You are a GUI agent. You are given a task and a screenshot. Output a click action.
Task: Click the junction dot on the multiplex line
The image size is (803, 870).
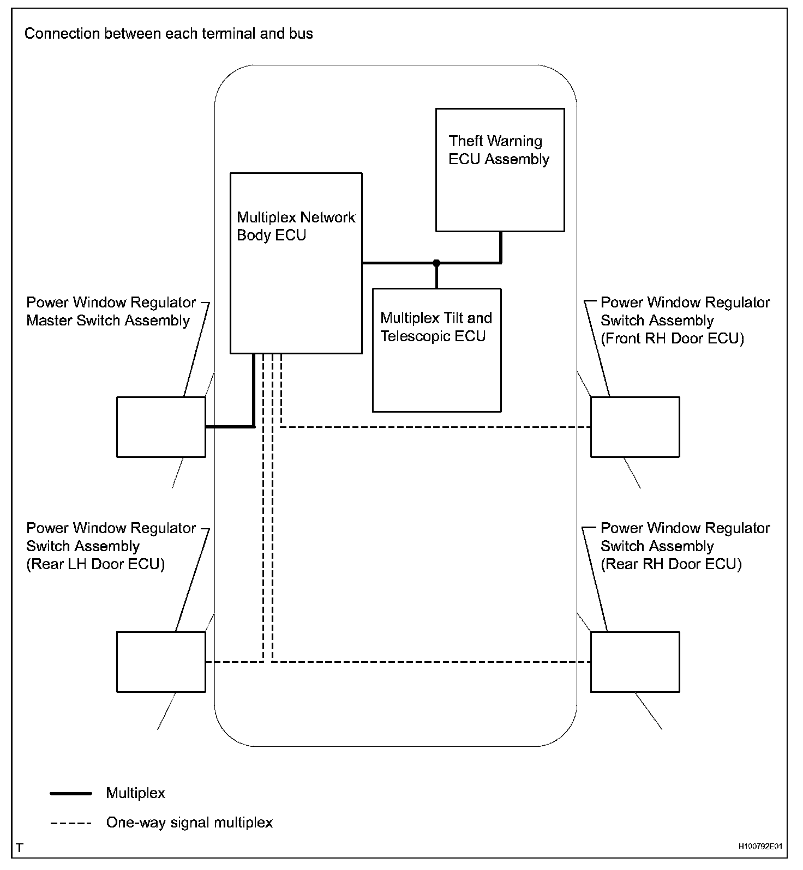click(x=436, y=263)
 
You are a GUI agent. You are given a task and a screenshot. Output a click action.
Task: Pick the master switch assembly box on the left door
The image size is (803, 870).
click(x=161, y=426)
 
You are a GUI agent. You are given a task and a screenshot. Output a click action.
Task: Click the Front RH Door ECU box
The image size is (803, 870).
click(x=635, y=426)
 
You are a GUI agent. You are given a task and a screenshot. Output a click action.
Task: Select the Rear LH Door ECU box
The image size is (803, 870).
click(x=161, y=662)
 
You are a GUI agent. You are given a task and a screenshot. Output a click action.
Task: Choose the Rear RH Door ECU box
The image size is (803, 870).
click(x=635, y=662)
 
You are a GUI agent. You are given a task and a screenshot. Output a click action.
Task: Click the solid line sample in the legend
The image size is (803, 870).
click(x=71, y=794)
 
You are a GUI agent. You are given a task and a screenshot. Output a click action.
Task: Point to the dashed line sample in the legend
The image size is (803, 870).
click(x=71, y=823)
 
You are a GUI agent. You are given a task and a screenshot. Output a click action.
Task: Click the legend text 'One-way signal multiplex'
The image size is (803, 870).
click(x=189, y=823)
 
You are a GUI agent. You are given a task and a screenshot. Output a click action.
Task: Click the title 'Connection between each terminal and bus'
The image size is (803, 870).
click(x=169, y=34)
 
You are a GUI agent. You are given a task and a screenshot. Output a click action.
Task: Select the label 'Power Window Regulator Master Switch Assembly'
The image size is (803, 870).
click(x=111, y=311)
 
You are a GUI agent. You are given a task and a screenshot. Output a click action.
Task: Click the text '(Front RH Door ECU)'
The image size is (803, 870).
click(x=672, y=339)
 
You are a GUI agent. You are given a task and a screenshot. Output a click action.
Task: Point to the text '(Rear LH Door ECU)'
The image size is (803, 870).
click(x=95, y=564)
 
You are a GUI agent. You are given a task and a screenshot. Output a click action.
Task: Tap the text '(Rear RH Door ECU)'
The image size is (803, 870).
click(x=671, y=564)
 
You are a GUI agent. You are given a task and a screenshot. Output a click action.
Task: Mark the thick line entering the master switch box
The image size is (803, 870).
click(x=229, y=426)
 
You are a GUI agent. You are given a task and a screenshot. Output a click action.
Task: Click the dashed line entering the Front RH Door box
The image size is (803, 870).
click(x=436, y=427)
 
